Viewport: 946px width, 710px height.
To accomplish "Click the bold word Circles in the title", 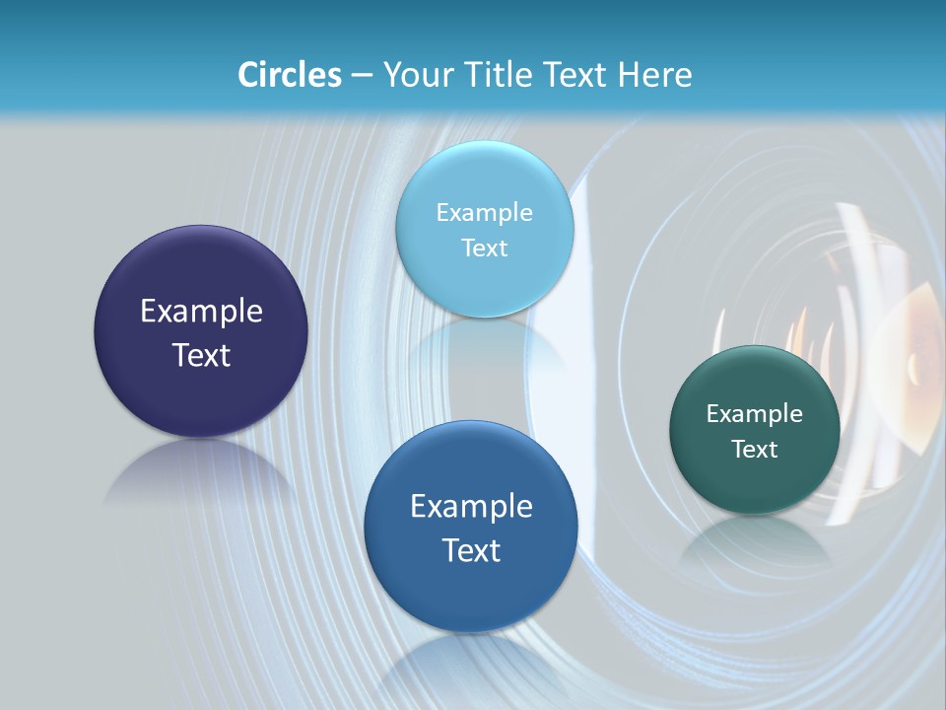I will (290, 75).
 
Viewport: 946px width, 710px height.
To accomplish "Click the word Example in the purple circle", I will (201, 312).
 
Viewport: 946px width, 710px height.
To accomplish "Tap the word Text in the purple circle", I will (201, 355).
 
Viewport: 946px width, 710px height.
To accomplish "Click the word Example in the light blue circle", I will (484, 213).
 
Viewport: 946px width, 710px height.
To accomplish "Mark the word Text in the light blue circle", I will (484, 248).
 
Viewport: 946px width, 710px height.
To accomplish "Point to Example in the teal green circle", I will (754, 414).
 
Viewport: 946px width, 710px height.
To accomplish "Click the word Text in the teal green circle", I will (754, 450).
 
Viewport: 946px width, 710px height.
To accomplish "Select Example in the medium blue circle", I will (471, 507).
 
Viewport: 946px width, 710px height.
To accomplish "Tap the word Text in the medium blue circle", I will (471, 550).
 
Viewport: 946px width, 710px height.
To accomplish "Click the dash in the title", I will (361, 75).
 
